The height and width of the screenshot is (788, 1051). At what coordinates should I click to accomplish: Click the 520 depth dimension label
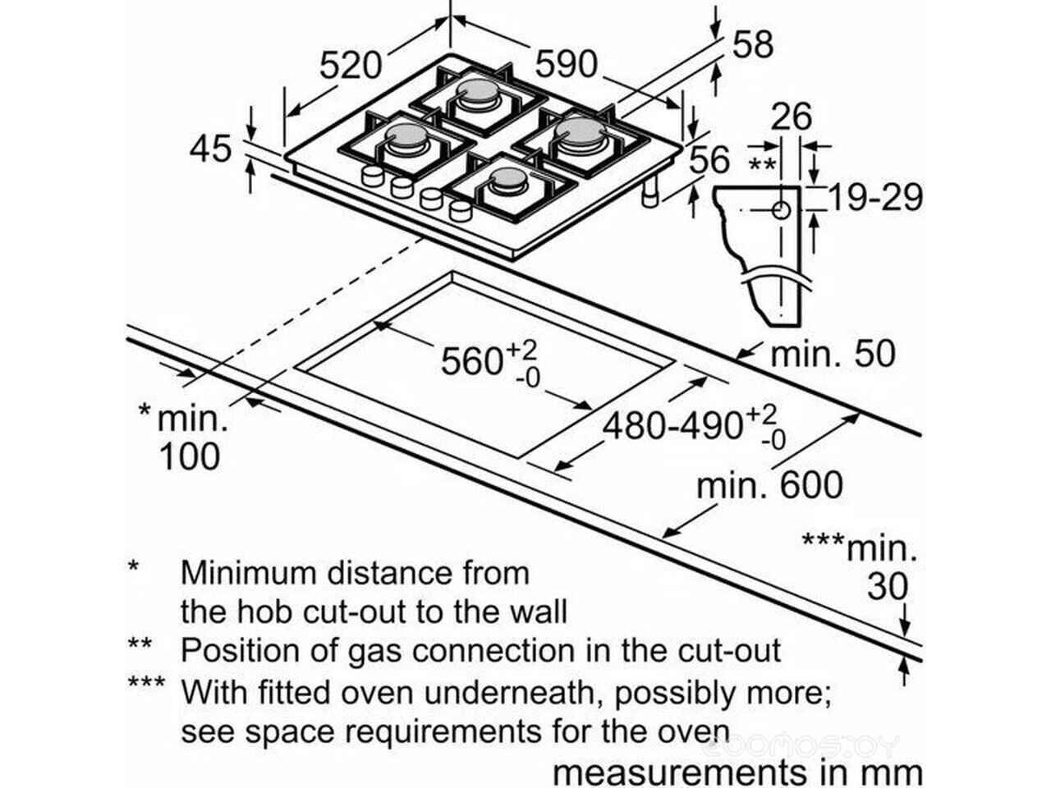351,66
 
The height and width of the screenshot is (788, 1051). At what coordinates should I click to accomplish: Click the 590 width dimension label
567,64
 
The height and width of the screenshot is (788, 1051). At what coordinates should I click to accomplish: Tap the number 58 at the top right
752,44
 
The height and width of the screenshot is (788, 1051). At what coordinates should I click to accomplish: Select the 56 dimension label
709,160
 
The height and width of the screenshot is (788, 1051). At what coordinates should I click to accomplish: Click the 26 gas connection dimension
792,117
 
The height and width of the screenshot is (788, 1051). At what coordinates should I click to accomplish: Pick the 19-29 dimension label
875,198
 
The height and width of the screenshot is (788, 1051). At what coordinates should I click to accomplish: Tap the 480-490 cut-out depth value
673,426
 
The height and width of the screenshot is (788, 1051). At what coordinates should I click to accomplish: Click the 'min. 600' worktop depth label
769,485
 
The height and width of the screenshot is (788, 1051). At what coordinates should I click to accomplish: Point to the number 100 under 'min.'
189,456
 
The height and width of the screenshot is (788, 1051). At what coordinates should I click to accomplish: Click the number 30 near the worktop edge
888,587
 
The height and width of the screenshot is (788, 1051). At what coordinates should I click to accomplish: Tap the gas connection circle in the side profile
781,210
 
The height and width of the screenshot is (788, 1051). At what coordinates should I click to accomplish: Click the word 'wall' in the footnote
535,612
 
